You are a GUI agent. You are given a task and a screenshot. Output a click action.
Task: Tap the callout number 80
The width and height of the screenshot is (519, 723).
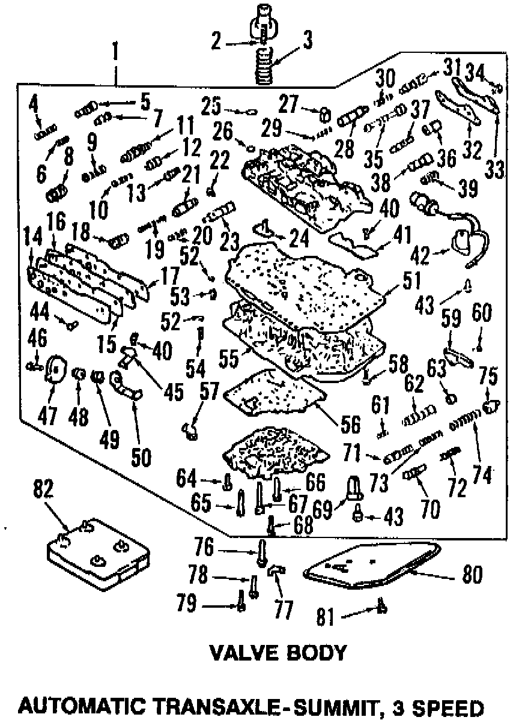473,575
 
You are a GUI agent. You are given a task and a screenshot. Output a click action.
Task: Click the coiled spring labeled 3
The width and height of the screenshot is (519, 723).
264,66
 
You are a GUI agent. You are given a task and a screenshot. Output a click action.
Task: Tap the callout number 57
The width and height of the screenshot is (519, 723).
210,391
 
